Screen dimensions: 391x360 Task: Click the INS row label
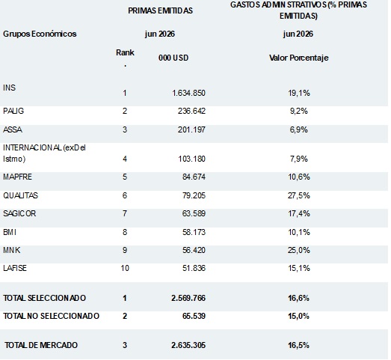9,88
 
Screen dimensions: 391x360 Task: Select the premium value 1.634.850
188,93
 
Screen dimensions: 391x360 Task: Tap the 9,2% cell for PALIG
299,111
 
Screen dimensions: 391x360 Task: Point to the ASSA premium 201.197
191,129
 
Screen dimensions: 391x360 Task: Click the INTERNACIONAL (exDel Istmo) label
44,153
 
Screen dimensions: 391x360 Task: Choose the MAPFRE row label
17,177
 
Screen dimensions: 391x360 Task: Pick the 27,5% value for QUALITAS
299,195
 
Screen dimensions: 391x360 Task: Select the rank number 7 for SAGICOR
125,214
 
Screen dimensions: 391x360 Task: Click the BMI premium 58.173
194,232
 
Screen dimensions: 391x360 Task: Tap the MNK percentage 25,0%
299,250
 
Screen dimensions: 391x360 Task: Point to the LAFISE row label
15,268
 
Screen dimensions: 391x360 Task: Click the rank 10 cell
125,268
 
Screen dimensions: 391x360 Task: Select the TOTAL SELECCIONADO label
44,298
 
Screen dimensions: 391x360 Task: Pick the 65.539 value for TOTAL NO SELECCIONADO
194,316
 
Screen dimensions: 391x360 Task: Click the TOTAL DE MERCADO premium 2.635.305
188,345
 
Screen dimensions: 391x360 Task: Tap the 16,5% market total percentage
299,345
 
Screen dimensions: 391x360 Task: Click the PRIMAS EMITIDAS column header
160,10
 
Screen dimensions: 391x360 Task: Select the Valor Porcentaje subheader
299,58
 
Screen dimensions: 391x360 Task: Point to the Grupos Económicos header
40,34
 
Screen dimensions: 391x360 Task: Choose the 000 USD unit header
173,58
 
